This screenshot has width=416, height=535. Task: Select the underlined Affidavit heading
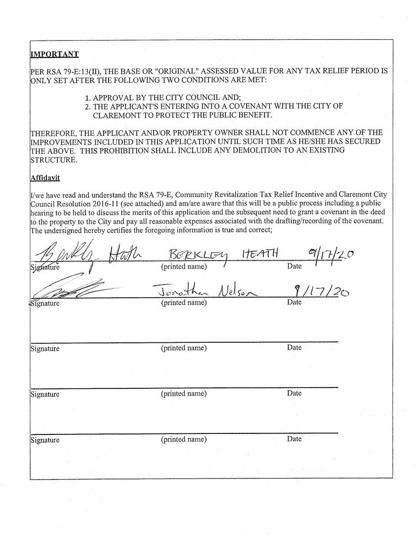[45, 178]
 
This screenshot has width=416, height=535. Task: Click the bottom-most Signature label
[45, 440]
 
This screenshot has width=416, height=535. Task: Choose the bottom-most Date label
[294, 439]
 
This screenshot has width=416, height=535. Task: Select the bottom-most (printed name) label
[184, 439]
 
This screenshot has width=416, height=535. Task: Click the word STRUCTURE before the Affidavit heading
[53, 160]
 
